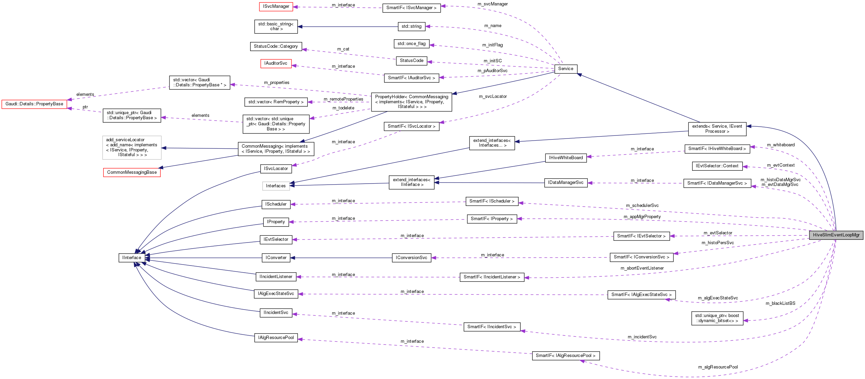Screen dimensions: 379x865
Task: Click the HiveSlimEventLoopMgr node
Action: click(836, 235)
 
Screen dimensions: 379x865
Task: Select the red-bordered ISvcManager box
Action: click(276, 6)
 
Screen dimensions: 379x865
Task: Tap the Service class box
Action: click(565, 69)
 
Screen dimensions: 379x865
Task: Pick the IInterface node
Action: click(132, 258)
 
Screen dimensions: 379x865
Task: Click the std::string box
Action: click(411, 26)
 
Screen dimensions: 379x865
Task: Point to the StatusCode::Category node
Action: click(276, 46)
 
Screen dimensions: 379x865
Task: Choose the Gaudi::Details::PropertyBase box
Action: click(34, 104)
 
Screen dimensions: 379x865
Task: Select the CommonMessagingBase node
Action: click(132, 172)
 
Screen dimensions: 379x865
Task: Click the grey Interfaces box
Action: click(276, 186)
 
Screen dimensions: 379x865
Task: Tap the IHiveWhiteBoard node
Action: click(566, 158)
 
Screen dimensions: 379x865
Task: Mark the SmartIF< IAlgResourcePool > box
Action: click(566, 356)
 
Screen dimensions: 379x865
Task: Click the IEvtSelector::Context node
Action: click(717, 166)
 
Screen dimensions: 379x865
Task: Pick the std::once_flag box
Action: click(411, 44)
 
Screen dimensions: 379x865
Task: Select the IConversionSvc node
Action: click(411, 258)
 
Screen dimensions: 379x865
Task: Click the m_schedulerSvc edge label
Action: click(642, 206)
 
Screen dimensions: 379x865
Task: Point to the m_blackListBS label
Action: click(780, 303)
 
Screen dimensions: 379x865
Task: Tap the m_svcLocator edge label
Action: click(492, 97)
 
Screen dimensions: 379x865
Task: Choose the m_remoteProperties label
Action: click(343, 99)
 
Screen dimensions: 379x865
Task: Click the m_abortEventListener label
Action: click(642, 268)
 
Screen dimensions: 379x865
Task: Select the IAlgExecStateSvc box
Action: click(276, 294)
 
